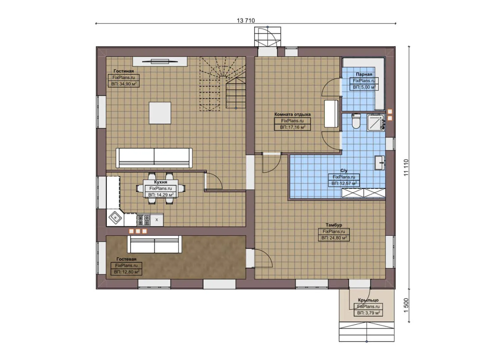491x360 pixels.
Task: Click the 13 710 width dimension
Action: pos(246,20)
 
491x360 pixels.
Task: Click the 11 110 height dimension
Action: pos(406,168)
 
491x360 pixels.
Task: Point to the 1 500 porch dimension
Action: pos(406,305)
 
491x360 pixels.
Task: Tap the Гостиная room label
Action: pos(123,71)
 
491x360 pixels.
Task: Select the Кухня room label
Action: pos(160,182)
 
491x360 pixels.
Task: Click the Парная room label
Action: pos(364,74)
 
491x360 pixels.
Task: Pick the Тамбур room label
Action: pos(334,225)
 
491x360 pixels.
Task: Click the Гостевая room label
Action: pos(126,259)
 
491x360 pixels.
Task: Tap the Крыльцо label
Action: pos(368,300)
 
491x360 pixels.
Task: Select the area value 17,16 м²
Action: pos(292,127)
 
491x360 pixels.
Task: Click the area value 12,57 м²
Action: pos(344,183)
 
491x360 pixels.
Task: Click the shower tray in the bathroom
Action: pos(376,122)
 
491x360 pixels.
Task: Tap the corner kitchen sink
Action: pos(115,218)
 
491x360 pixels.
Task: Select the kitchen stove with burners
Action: pos(143,220)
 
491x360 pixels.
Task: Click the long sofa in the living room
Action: pos(154,158)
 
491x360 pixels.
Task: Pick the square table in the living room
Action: pos(160,113)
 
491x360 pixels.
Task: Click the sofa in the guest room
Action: pos(155,244)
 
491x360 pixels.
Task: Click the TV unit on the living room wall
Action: pos(160,61)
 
